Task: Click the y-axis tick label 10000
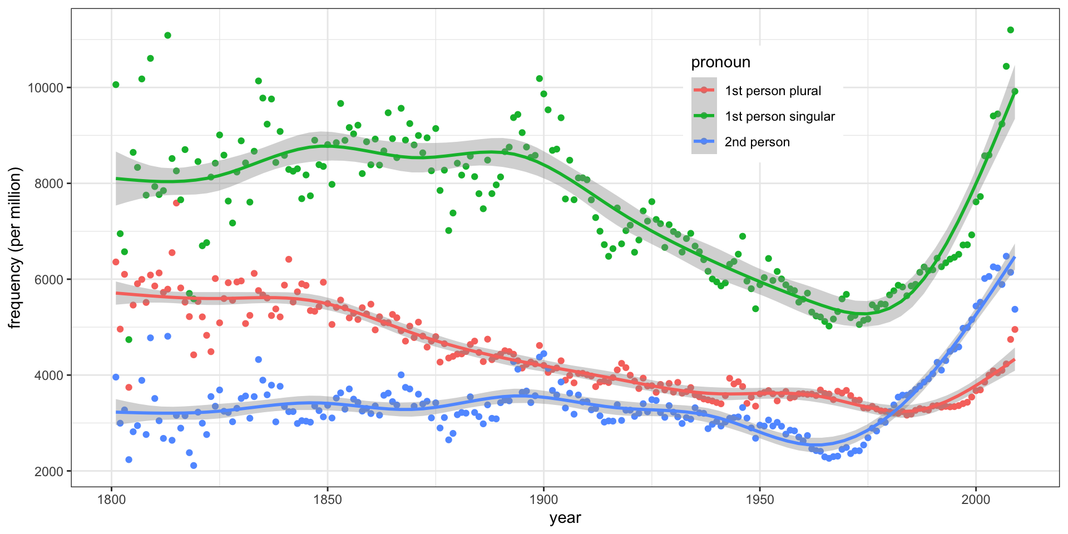tap(46, 88)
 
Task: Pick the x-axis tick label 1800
tap(111, 499)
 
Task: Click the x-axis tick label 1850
tap(327, 499)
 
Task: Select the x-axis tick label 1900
tap(543, 499)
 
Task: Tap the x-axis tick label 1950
tap(760, 499)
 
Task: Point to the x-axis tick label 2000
tap(976, 499)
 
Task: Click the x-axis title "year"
tap(565, 518)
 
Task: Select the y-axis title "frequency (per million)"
tap(15, 248)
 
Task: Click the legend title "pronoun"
tap(720, 62)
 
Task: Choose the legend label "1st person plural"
tap(773, 91)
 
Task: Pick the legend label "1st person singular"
tap(779, 116)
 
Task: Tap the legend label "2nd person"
tap(757, 142)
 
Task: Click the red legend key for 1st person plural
tap(704, 90)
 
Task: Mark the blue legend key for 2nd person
tap(704, 141)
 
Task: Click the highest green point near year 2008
tap(1010, 30)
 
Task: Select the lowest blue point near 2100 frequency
tap(194, 466)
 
